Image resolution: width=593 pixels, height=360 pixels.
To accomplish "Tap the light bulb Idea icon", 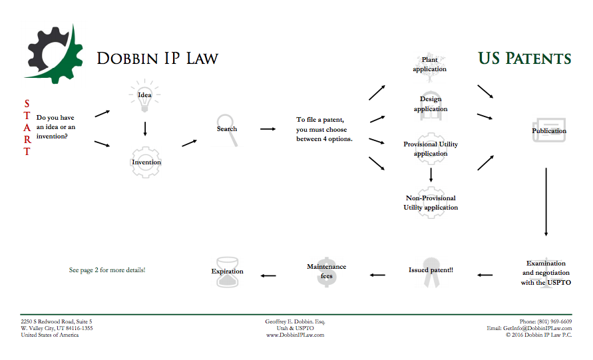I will (144, 94).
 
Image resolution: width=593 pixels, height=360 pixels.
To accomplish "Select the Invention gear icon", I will (146, 162).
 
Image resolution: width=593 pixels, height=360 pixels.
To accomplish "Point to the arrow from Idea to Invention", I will (145, 128).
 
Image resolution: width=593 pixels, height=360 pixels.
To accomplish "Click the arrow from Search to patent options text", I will (268, 129).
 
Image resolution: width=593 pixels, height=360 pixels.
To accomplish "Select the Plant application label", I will (429, 65).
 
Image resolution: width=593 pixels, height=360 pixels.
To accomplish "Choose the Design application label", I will (431, 104).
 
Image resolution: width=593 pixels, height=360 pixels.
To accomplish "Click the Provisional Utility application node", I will (431, 148).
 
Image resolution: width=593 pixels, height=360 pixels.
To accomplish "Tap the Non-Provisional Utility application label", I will (431, 202).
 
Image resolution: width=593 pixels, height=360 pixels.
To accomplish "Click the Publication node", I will (549, 130).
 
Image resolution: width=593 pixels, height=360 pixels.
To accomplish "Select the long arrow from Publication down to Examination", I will (546, 202).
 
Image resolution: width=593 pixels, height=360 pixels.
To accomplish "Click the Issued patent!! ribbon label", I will (431, 270).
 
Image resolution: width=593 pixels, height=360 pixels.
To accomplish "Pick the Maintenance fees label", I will (326, 271).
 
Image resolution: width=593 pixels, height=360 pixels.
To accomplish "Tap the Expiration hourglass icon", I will (228, 271).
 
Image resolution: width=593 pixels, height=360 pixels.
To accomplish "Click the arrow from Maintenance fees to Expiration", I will (268, 275).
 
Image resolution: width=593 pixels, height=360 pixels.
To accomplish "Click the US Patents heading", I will (524, 58).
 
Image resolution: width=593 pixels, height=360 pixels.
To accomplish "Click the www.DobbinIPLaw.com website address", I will (295, 335).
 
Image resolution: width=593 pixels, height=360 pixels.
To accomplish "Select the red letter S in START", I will (27, 104).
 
